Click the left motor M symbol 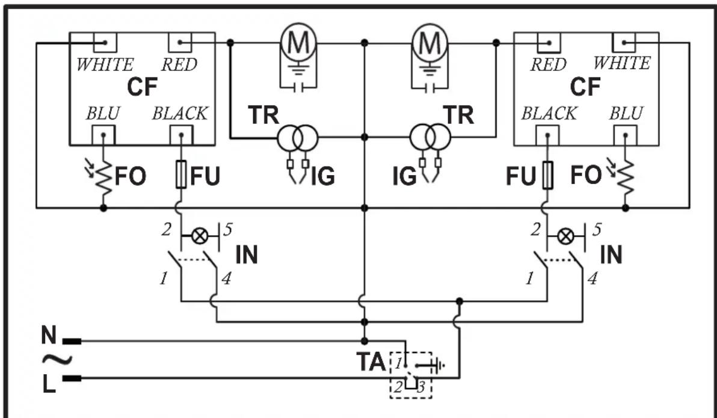click(x=298, y=43)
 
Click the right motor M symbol click(x=430, y=43)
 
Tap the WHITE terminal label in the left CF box click(x=105, y=64)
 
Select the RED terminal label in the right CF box click(x=548, y=64)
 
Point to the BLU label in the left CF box click(x=103, y=114)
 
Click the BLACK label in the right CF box click(x=549, y=114)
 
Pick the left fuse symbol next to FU click(x=181, y=174)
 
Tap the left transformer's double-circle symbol click(x=297, y=137)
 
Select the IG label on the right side click(x=405, y=177)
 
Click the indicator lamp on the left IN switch click(x=199, y=236)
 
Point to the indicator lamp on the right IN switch click(x=566, y=236)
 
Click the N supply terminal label click(x=49, y=335)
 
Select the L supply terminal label click(x=49, y=384)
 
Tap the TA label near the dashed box click(x=371, y=361)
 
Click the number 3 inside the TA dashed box click(x=421, y=387)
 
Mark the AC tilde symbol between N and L click(x=58, y=360)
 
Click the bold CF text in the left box click(x=142, y=87)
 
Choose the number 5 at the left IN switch click(x=227, y=230)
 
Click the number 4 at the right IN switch click(x=592, y=278)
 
